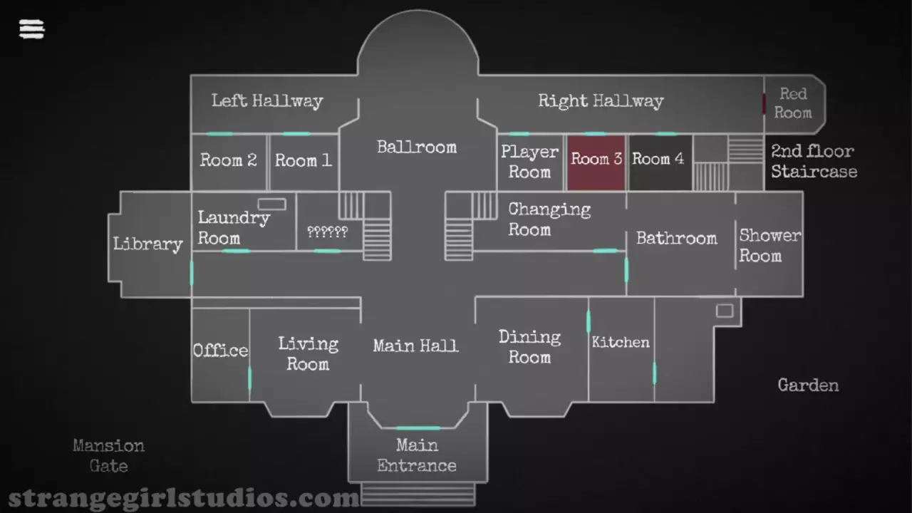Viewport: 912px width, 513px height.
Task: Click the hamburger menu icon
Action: [31, 28]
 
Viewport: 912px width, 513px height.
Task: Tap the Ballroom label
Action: [417, 147]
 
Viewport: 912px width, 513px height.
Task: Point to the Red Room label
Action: [793, 103]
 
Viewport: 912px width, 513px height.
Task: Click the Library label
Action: [148, 244]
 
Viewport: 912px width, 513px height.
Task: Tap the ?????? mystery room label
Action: [327, 232]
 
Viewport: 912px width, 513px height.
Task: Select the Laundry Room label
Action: [233, 227]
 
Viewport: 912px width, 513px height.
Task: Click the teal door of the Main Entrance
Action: [418, 427]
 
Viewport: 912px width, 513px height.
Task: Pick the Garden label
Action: [808, 385]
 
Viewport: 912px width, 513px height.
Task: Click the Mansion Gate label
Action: [108, 455]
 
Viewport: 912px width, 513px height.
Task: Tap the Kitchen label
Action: [621, 343]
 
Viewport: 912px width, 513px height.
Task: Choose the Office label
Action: [220, 351]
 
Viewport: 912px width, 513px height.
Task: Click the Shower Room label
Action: [769, 245]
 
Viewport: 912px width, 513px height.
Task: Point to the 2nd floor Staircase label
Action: [813, 161]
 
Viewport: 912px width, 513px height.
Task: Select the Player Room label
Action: [529, 162]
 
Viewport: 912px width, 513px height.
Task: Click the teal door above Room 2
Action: [219, 134]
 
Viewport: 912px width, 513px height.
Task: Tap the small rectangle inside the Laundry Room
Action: [271, 204]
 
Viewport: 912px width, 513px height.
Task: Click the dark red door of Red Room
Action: [764, 104]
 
